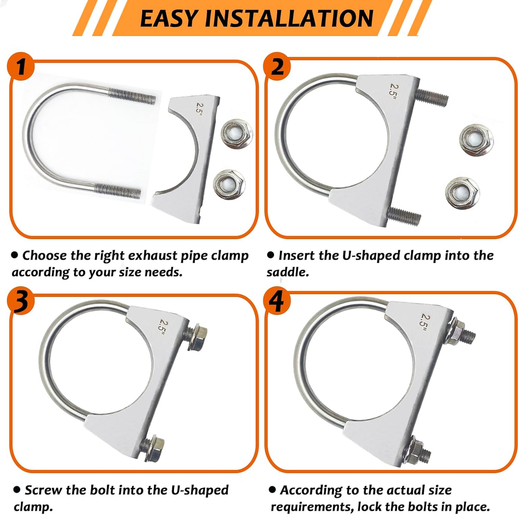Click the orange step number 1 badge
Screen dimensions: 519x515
pos(21,66)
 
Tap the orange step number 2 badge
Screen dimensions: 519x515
pos(277,66)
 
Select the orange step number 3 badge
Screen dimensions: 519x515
pos(21,301)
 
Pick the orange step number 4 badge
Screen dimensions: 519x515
pos(277,301)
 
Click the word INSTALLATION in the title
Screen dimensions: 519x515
pos(289,18)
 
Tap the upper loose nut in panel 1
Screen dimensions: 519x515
pos(236,134)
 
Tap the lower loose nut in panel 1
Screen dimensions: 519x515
pos(229,184)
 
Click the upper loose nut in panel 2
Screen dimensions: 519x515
pos(476,140)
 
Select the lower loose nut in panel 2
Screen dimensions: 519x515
pos(462,193)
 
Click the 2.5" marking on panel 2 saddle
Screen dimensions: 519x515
pos(393,89)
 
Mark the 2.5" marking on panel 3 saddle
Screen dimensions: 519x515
pos(163,327)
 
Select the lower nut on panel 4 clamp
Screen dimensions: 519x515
pos(415,451)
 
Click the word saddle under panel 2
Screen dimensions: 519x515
pos(287,272)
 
